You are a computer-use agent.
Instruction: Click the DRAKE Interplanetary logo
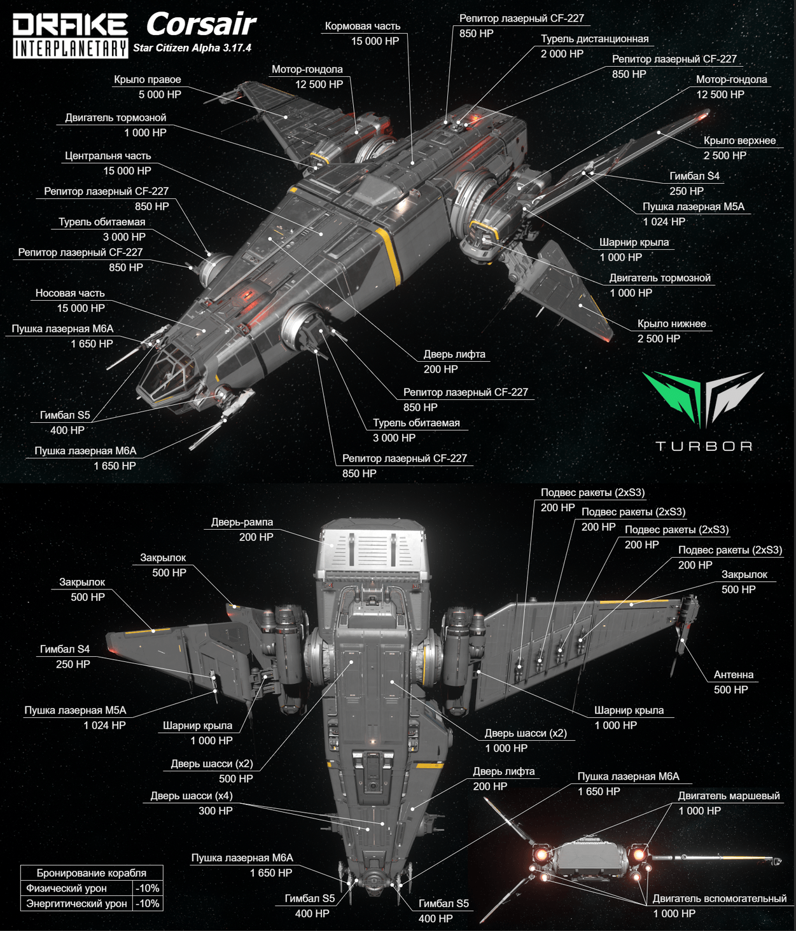coord(70,36)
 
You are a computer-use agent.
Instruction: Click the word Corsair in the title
coord(200,24)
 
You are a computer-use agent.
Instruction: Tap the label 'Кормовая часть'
coord(362,26)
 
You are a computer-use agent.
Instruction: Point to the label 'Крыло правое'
coord(147,79)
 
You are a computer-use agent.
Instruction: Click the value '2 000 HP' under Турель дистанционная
coord(562,54)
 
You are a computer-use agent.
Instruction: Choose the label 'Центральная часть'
coord(108,156)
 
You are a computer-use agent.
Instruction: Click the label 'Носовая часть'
coord(70,293)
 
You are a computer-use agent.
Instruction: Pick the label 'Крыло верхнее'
coord(739,141)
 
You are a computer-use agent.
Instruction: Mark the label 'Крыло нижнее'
coord(671,324)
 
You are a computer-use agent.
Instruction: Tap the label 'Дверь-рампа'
coord(242,522)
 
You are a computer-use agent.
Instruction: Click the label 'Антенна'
coord(733,675)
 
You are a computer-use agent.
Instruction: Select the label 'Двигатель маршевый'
coord(729,796)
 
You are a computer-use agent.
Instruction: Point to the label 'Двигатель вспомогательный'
coord(719,899)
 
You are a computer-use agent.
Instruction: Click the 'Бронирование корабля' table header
coord(91,873)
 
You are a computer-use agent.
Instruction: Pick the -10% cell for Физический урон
coord(148,888)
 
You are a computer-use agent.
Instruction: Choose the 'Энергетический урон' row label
coord(76,904)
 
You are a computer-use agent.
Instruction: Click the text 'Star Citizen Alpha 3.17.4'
coord(192,48)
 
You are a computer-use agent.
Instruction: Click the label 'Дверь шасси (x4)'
coord(191,796)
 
